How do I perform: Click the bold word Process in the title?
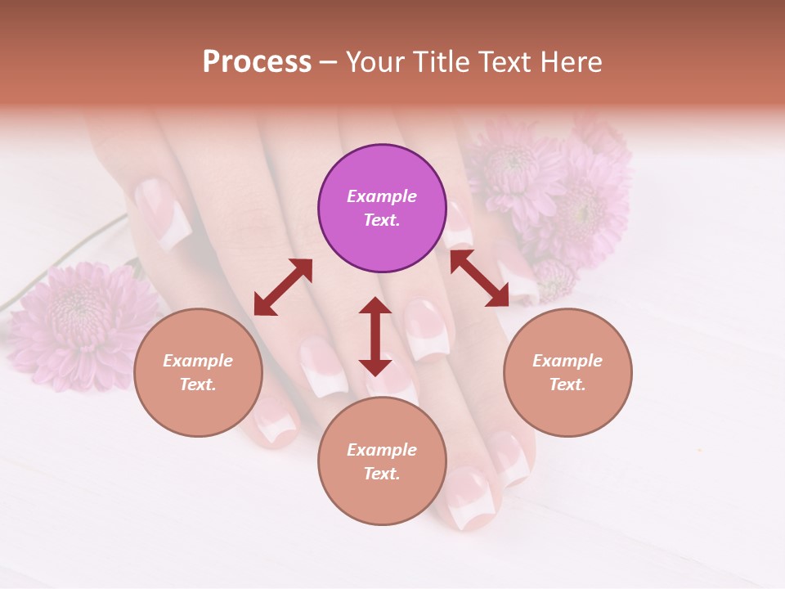click(257, 62)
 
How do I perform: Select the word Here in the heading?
click(573, 62)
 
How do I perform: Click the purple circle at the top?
click(382, 208)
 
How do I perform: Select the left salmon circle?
click(198, 372)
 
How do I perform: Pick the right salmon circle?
click(567, 372)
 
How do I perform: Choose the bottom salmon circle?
click(382, 461)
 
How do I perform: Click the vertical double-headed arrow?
click(375, 336)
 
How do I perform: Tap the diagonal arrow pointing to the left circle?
click(283, 287)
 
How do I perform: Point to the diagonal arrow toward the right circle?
click(479, 278)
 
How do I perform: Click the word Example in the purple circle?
click(382, 196)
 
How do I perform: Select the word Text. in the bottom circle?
click(382, 474)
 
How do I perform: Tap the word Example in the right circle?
click(567, 361)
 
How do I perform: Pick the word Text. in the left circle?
click(198, 384)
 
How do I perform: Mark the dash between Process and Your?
click(328, 63)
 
